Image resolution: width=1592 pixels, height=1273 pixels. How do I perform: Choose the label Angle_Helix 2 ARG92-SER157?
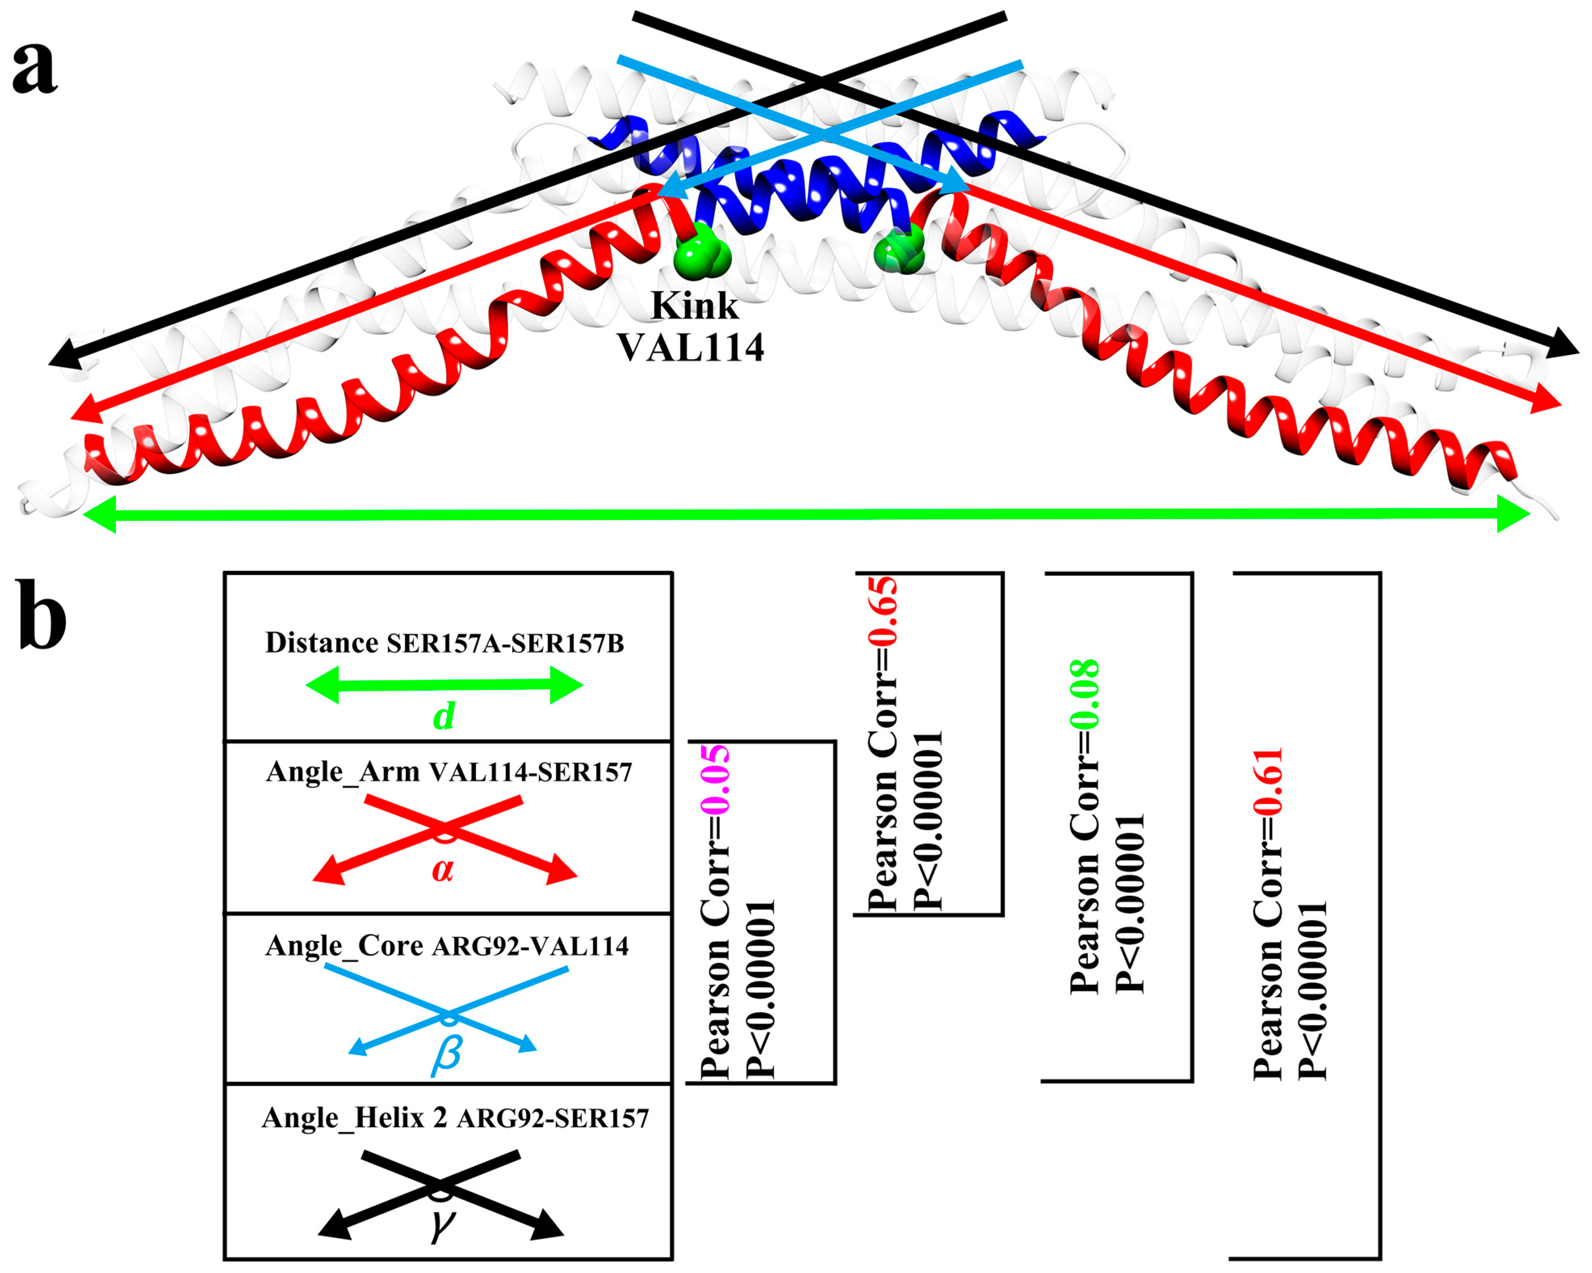[455, 1118]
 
